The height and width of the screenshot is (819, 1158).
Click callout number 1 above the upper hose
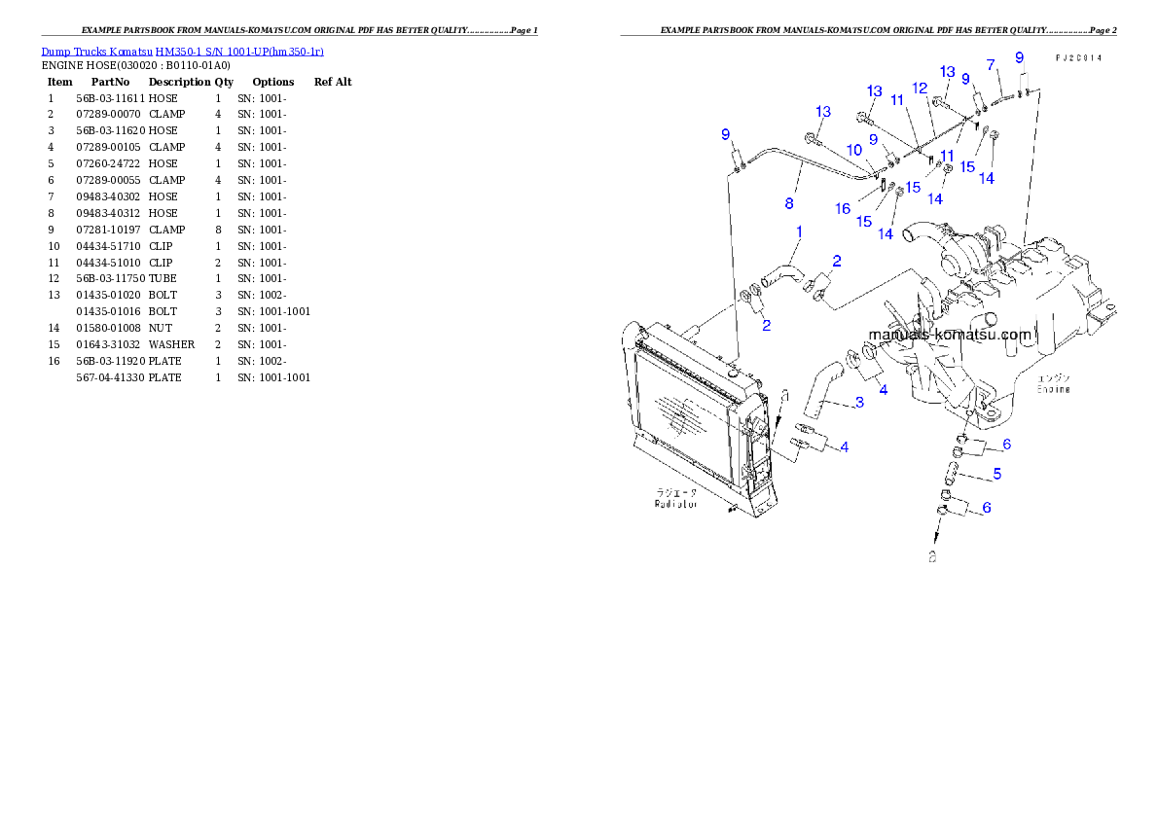coord(799,232)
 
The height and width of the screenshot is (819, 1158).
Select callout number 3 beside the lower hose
coord(859,403)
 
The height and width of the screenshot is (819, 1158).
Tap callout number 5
coord(997,475)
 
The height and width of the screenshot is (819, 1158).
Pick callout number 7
coord(991,65)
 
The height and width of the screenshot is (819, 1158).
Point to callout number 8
coord(789,204)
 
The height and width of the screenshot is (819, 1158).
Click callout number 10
coord(853,150)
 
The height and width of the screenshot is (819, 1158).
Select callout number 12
coord(920,89)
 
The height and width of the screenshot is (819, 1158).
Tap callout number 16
coord(843,209)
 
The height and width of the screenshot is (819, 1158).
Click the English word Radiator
coord(676,505)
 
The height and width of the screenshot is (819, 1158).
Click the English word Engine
coord(1053,389)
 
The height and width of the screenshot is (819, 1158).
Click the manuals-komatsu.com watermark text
coord(949,335)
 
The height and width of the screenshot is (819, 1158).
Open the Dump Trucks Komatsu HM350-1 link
coord(182,51)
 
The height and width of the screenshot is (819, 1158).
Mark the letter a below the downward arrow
coord(932,557)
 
